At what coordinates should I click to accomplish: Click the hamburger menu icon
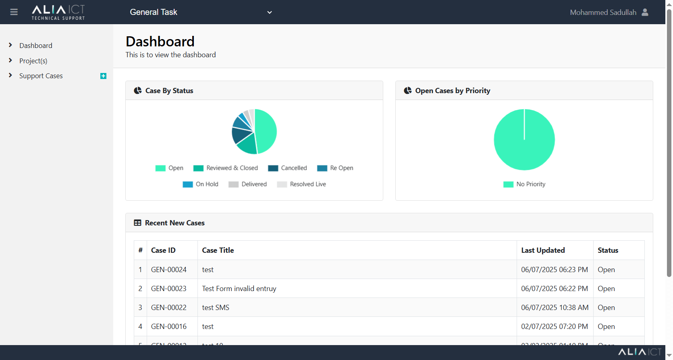tap(14, 12)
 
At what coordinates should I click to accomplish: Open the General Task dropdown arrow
tap(270, 12)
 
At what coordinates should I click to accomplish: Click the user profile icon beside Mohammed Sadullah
tap(645, 12)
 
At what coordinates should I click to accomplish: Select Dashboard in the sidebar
tap(36, 46)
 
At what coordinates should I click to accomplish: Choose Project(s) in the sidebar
tap(33, 61)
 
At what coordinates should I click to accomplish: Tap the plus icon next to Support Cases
tap(103, 76)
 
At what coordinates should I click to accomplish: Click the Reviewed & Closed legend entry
tap(226, 168)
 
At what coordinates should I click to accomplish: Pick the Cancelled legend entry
tap(287, 168)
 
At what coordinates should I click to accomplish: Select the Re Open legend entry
tap(335, 168)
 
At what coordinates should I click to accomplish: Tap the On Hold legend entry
tap(201, 184)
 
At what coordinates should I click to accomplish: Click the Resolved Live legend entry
tap(301, 184)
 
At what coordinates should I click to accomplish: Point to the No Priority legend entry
tap(524, 184)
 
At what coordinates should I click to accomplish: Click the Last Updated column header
tap(543, 250)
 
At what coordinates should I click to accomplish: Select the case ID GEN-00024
tap(169, 270)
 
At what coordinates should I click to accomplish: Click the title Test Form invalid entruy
tap(239, 289)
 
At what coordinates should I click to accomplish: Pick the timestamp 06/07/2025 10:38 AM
tap(555, 308)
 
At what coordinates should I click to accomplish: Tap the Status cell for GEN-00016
tap(606, 327)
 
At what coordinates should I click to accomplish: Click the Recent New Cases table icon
tap(137, 223)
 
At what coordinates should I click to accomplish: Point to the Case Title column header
tap(218, 250)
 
